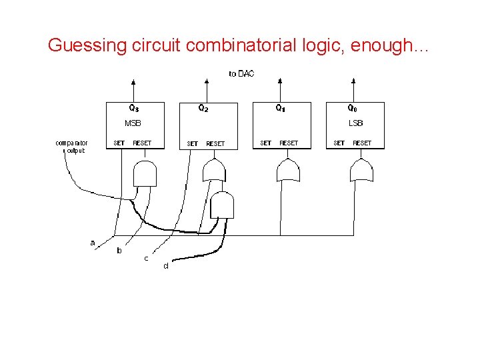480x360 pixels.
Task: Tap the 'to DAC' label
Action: (241, 73)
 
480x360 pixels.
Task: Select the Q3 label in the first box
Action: (134, 108)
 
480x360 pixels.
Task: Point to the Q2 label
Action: (203, 108)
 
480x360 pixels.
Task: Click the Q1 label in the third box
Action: (281, 108)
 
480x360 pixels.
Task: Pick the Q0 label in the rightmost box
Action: (353, 108)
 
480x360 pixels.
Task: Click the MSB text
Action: (133, 123)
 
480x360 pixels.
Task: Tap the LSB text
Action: (355, 123)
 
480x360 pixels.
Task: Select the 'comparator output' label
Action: (71, 147)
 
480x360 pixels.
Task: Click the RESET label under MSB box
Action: (142, 143)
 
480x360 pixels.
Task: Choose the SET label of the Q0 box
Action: (339, 143)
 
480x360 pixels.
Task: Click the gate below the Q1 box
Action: (289, 171)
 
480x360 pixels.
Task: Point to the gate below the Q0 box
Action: (362, 171)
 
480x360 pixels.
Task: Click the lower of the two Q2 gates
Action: (222, 205)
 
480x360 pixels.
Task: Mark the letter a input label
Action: (93, 243)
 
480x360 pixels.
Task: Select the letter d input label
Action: (166, 266)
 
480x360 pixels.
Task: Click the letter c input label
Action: (146, 258)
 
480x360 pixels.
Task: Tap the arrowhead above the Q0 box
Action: (353, 83)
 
